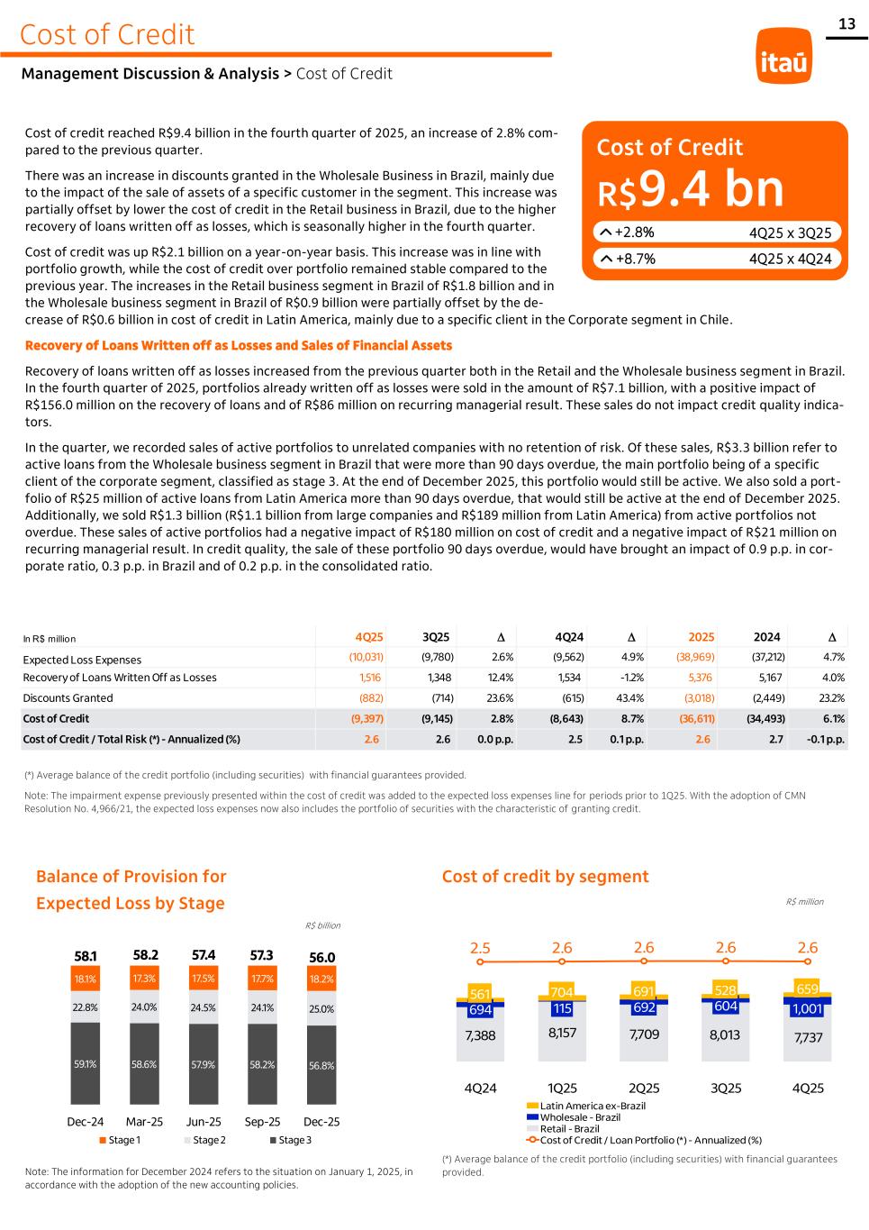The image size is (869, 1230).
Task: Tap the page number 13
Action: [847, 24]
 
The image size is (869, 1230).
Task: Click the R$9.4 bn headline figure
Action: [691, 188]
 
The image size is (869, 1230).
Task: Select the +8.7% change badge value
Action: [635, 260]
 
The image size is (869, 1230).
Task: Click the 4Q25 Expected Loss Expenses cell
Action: [366, 658]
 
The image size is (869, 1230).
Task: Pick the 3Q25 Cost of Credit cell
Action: [437, 718]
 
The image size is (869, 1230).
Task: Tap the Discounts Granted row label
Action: [68, 697]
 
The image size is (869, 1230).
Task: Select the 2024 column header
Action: [766, 637]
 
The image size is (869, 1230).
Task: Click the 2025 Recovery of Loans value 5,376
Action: [700, 678]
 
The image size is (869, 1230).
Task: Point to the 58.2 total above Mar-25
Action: [145, 954]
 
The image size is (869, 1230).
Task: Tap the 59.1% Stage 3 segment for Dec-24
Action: [86, 1063]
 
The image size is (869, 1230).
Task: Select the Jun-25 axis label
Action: [204, 1122]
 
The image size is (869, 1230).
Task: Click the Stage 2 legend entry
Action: [209, 1141]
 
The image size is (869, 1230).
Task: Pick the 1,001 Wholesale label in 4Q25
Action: [807, 1009]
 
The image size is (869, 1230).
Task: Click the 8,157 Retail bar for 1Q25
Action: [562, 1033]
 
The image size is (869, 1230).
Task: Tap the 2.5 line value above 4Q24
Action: [480, 948]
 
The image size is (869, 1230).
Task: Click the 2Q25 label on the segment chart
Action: [644, 1088]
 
